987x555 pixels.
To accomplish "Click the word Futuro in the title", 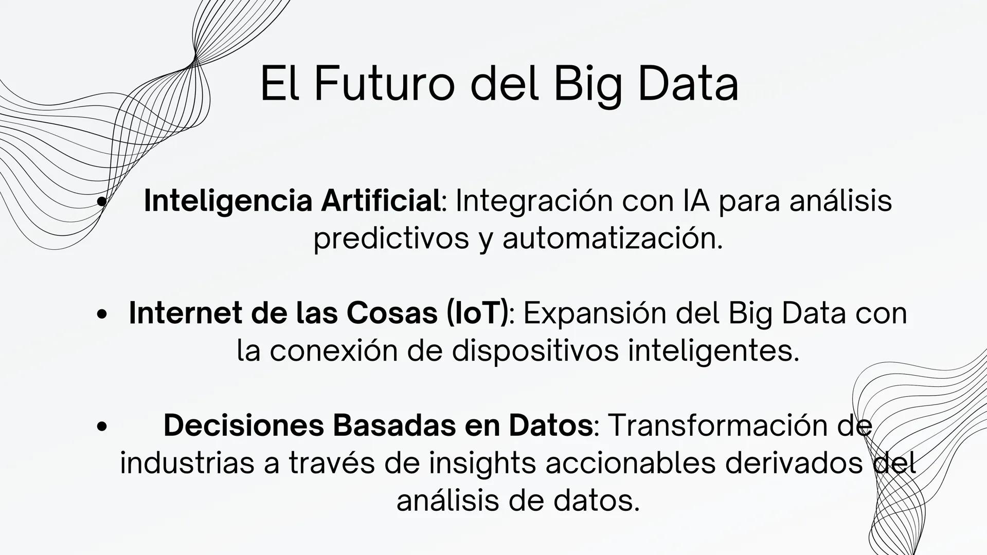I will pos(384,84).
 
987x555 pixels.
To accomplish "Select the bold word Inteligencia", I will pos(228,200).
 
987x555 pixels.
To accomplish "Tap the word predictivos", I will pos(391,238).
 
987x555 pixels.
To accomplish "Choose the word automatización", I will pos(612,238).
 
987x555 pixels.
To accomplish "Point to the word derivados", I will pos(794,463).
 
